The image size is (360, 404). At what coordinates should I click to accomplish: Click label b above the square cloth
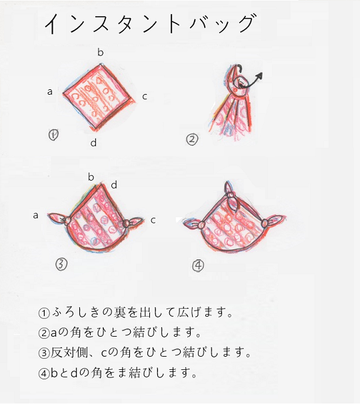(101, 51)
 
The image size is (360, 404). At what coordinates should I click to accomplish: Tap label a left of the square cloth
(50, 91)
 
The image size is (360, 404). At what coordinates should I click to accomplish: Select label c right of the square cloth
(145, 96)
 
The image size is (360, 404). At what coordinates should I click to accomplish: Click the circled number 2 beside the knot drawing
(192, 139)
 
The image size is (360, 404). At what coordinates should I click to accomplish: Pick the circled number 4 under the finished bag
(198, 265)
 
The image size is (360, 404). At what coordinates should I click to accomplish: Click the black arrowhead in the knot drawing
(260, 74)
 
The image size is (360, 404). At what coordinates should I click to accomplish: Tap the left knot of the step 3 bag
(65, 220)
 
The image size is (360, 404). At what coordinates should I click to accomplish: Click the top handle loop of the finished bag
(230, 198)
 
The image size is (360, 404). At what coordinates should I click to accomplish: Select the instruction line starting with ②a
(121, 332)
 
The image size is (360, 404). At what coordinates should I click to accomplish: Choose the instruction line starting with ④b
(120, 373)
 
